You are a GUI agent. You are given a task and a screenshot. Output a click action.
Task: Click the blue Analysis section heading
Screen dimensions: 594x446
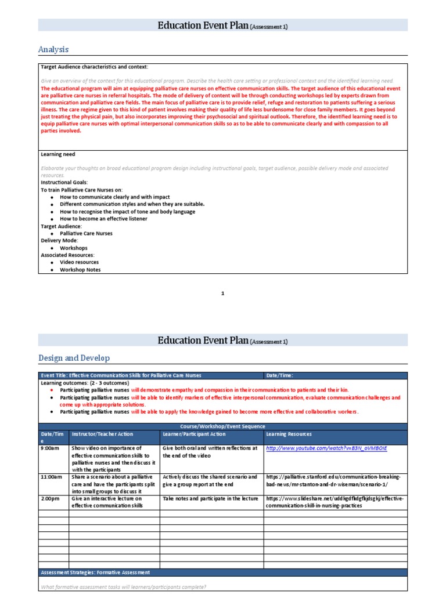[x=53, y=49]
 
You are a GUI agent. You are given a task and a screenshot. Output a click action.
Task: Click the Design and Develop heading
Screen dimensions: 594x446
[x=74, y=358]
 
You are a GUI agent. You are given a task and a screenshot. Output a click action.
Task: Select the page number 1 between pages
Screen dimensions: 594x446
[x=222, y=294]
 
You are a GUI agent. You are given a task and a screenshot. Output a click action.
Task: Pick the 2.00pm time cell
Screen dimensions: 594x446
[x=50, y=498]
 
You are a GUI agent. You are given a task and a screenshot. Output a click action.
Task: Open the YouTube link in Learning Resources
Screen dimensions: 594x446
[x=325, y=448]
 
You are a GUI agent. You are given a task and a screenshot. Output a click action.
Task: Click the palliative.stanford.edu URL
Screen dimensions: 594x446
[x=333, y=480]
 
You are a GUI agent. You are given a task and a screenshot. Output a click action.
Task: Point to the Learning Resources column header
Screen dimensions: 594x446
[x=289, y=434]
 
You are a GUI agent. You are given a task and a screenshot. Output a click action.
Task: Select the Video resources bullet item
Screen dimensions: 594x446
[x=79, y=262]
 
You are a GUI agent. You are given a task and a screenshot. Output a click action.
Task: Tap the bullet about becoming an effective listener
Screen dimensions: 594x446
[x=103, y=219]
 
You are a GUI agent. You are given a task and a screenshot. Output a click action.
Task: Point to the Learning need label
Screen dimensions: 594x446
[x=57, y=154]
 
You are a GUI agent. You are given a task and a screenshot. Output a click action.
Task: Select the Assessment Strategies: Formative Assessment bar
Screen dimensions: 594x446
[x=95, y=573]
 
